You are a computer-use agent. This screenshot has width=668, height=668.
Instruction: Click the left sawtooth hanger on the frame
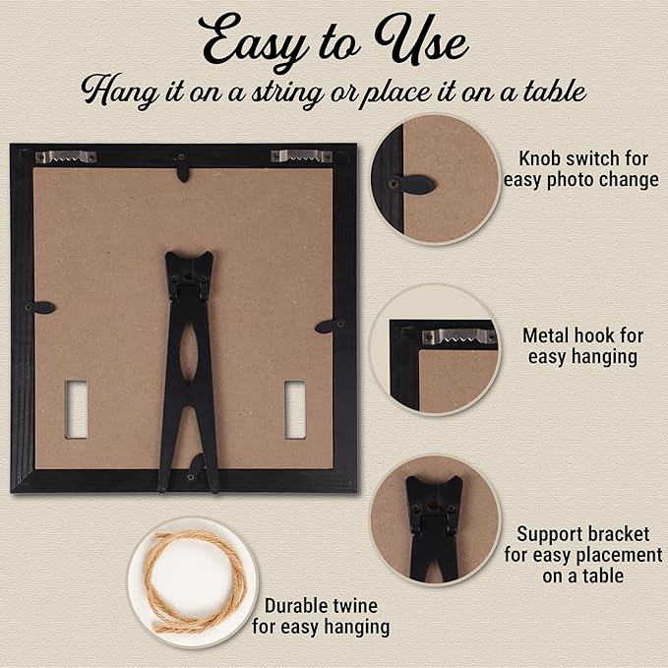(x=66, y=156)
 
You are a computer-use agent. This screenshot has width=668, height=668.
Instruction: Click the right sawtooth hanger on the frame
(x=302, y=155)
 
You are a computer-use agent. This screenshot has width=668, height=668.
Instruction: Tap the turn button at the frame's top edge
(x=183, y=167)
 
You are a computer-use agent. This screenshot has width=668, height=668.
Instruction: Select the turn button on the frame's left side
(x=39, y=307)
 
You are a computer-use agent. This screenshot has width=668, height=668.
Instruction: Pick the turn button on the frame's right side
(x=331, y=326)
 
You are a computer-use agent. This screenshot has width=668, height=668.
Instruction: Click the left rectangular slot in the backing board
(x=77, y=409)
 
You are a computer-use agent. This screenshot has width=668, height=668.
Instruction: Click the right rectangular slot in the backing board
(x=295, y=409)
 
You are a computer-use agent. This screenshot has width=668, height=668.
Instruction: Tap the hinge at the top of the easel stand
(x=189, y=285)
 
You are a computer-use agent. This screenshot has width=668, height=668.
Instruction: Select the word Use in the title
(x=421, y=40)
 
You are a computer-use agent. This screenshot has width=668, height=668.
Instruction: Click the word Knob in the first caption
(x=539, y=159)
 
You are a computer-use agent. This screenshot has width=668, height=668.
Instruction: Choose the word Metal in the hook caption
(x=547, y=335)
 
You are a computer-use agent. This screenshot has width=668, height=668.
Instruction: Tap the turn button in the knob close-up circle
(x=411, y=185)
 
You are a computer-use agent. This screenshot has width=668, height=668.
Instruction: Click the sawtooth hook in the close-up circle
(x=459, y=336)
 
